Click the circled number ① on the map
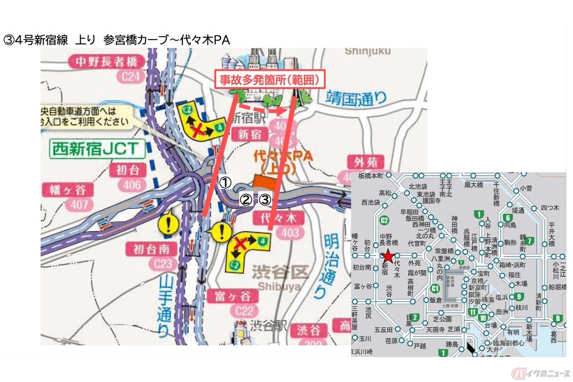[225, 182]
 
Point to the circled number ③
[265, 200]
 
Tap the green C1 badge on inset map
[435, 288]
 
